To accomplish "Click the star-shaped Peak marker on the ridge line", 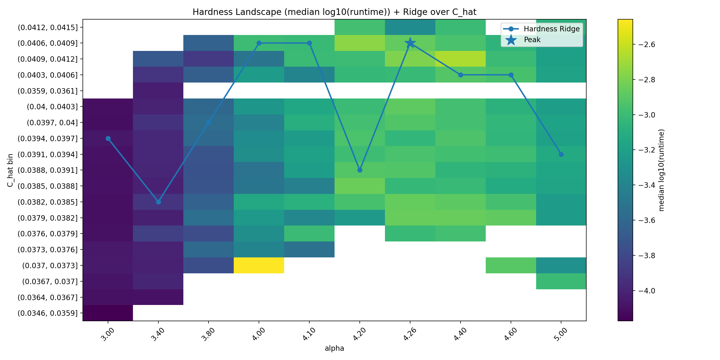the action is coord(410,43).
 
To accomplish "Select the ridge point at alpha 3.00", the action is coord(108,138).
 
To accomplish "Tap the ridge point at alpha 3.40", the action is coord(158,202).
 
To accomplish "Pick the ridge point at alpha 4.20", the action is coord(360,170).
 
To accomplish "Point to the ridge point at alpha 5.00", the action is coord(561,154).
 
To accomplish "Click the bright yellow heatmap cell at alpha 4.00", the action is coord(259,265).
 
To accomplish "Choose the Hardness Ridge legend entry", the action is coord(541,29).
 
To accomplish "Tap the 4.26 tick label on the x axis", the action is coord(410,334).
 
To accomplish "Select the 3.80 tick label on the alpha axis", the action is coord(208,334).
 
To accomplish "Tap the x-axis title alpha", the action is coord(334,348).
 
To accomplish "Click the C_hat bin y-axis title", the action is coord(10,170).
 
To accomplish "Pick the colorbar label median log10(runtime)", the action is coord(661,170).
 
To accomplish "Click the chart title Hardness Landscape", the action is coord(334,12).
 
